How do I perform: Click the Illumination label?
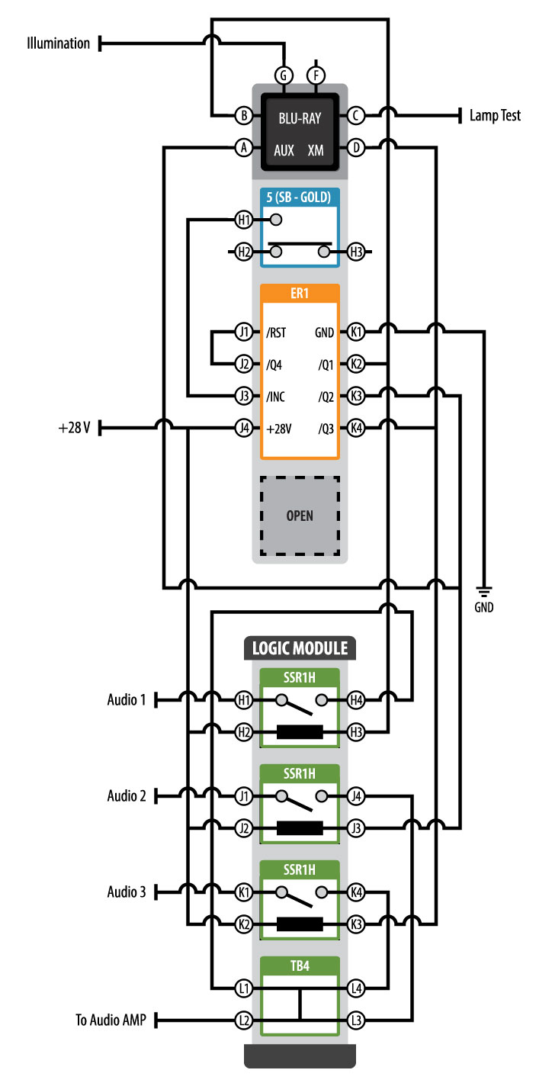(59, 43)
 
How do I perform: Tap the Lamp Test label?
(496, 116)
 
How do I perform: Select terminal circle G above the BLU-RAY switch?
(284, 75)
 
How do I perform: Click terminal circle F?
(315, 75)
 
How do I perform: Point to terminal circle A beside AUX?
(243, 148)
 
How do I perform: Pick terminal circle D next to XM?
(356, 148)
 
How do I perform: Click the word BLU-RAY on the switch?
(300, 118)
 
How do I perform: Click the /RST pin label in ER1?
(276, 333)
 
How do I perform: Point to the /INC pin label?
(276, 397)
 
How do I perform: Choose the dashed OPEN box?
(300, 515)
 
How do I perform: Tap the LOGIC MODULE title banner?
(300, 649)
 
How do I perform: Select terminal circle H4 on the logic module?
(356, 699)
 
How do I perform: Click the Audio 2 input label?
(126, 796)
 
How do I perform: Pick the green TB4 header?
(300, 966)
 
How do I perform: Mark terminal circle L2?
(243, 1020)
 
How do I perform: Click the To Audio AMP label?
(111, 1020)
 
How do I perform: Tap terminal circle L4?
(356, 988)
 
